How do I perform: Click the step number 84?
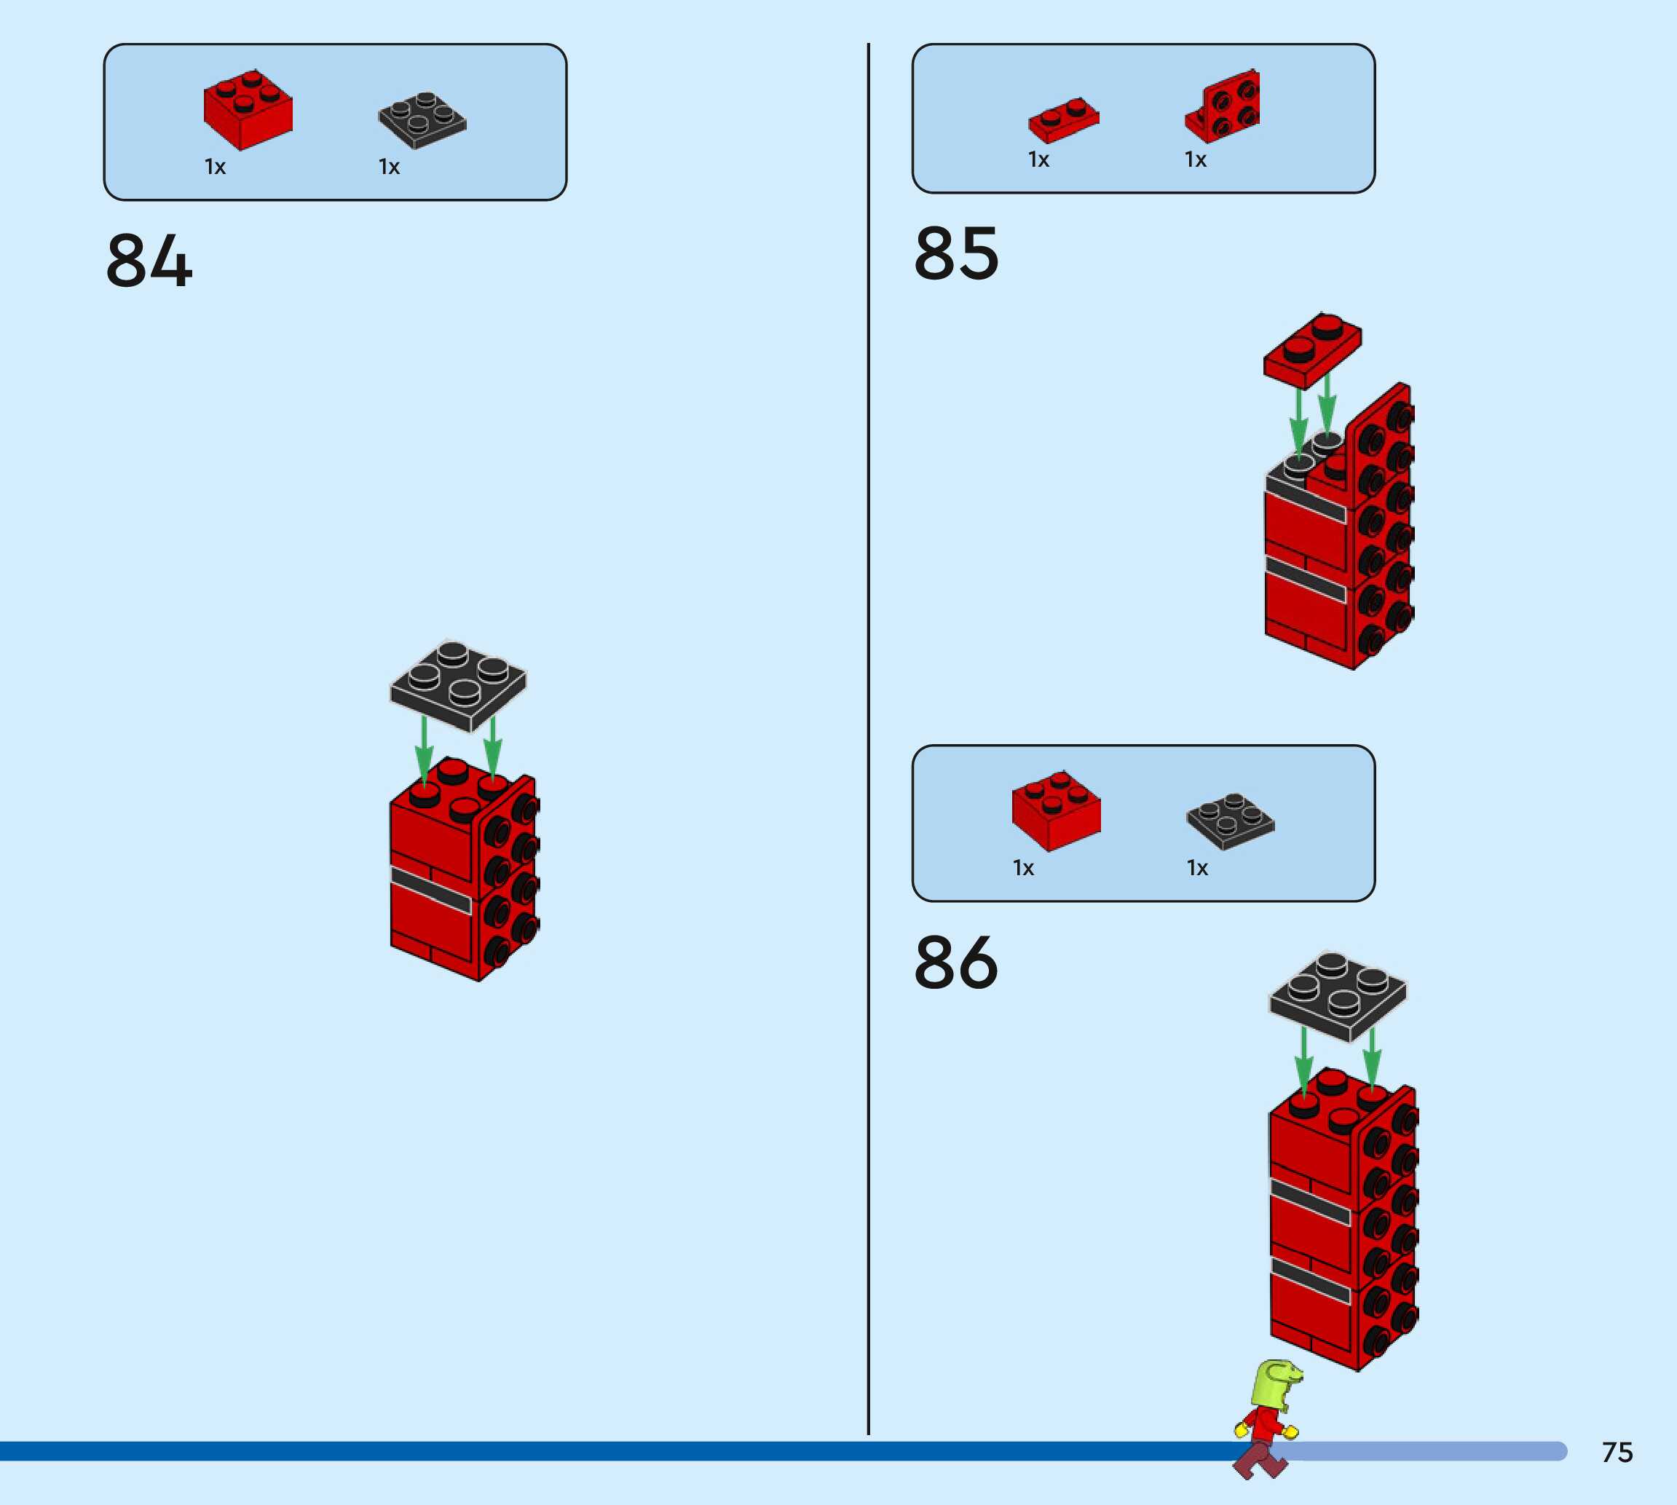pos(149,261)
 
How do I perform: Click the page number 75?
pos(1617,1453)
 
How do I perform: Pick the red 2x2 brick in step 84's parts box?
pos(248,110)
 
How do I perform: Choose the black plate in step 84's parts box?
pos(422,121)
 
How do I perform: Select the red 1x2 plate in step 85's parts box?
pos(1063,121)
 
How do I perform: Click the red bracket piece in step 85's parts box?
pos(1224,108)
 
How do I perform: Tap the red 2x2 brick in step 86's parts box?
pos(1056,810)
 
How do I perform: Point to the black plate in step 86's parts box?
pos(1231,821)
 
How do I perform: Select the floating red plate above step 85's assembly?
pos(1312,349)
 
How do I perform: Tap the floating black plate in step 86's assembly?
pos(1337,995)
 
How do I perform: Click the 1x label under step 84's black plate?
pos(389,167)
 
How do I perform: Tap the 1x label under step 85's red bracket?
pos(1195,159)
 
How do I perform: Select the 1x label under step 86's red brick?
pos(1023,868)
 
